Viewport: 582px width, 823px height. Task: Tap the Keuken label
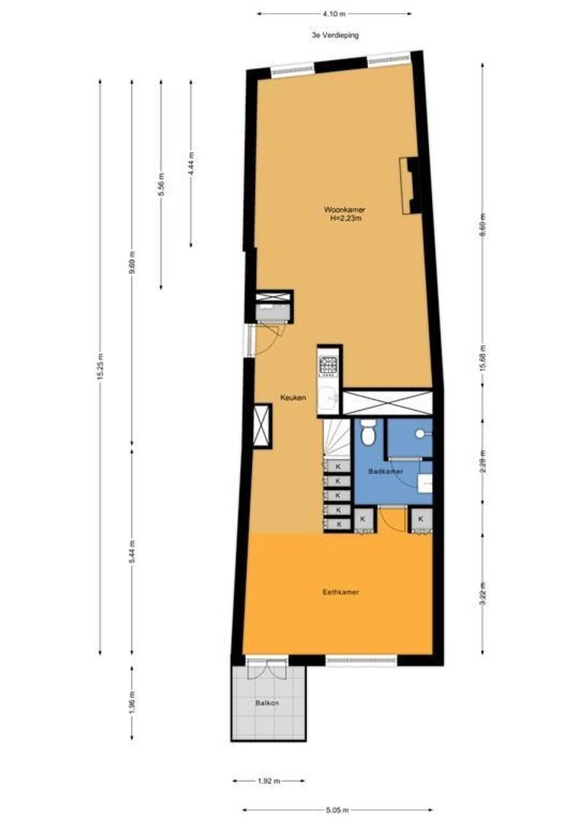(293, 398)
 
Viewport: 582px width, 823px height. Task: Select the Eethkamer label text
(341, 591)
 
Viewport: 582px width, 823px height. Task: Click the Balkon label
(267, 703)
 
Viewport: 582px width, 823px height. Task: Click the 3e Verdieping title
(334, 35)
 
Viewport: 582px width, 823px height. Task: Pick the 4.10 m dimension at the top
(334, 13)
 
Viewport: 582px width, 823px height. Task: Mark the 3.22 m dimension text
(483, 592)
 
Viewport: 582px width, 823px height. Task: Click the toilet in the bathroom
(369, 433)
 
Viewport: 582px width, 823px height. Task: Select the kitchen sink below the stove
(328, 397)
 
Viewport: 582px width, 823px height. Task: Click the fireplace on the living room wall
(409, 186)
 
